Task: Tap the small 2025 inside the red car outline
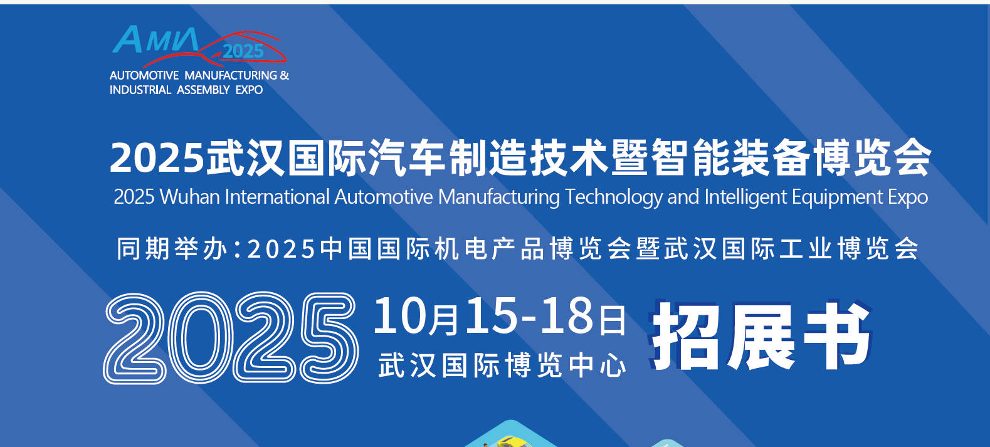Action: pos(243,51)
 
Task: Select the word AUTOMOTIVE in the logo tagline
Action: pos(144,76)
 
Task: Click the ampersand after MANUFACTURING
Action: pos(285,76)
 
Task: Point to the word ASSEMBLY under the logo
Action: pos(203,90)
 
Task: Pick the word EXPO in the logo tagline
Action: pos(249,90)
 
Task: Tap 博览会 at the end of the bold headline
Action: pos(872,157)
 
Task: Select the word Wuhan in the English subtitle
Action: pos(190,197)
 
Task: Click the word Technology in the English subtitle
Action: pos(614,197)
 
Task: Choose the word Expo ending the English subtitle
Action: pos(908,197)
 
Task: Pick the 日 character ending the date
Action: pos(613,320)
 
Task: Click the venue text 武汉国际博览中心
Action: pos(502,365)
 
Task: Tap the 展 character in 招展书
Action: pos(761,337)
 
